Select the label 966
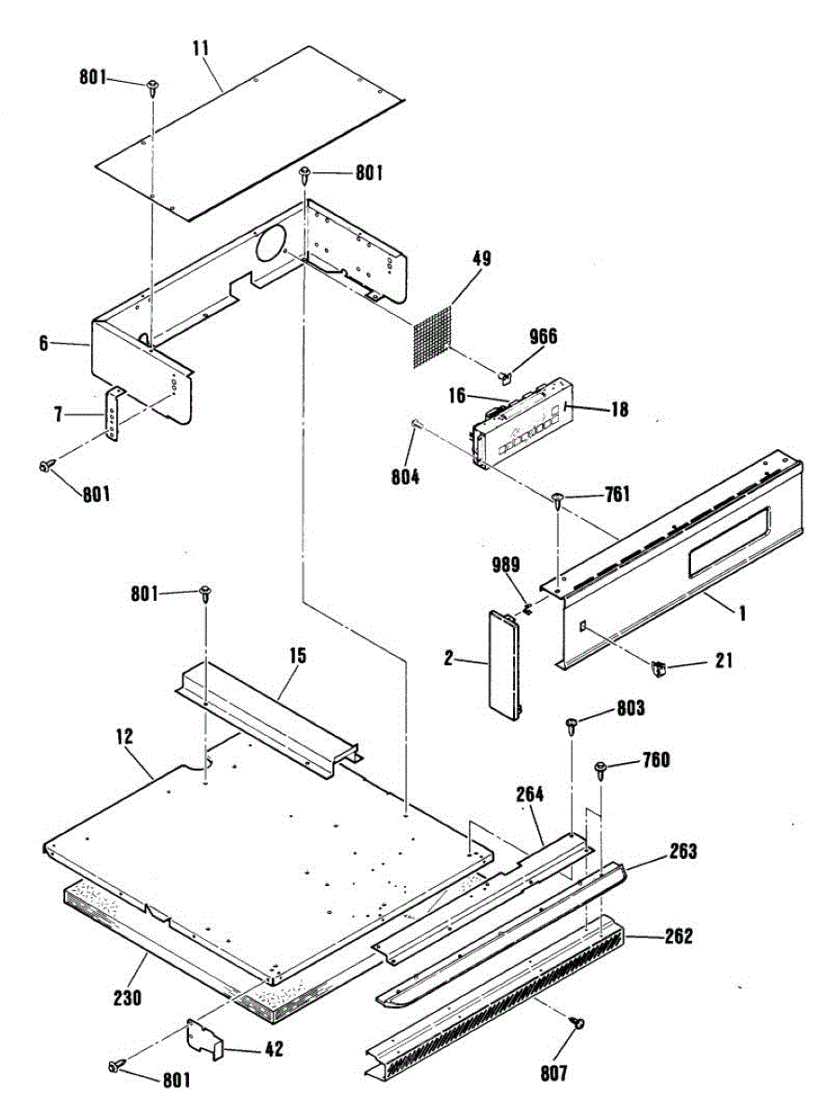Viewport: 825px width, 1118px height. [x=543, y=336]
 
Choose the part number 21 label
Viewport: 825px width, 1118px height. [x=724, y=661]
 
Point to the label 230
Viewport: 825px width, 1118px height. [x=127, y=998]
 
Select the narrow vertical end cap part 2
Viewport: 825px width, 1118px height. [x=504, y=662]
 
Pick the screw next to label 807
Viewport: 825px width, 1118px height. [x=578, y=1024]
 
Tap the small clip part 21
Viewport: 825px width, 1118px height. [x=660, y=667]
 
